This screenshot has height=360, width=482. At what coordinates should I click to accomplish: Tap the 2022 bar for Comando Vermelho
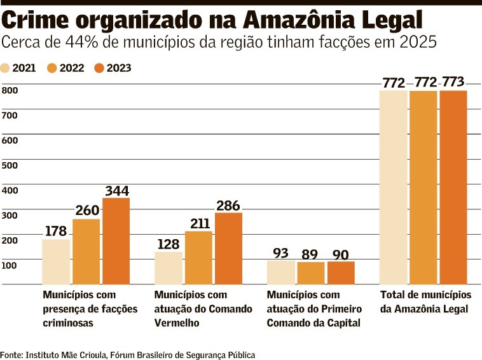[x=198, y=257]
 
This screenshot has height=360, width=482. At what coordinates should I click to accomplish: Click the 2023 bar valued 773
[x=453, y=187]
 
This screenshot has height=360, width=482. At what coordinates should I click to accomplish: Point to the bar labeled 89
[x=311, y=272]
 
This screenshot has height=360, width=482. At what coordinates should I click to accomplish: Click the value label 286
[x=228, y=205]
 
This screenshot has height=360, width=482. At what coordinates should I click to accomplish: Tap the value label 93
[x=280, y=253]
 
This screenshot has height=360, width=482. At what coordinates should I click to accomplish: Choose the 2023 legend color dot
[x=99, y=68]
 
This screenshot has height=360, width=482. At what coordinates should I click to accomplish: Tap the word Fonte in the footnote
[x=11, y=354]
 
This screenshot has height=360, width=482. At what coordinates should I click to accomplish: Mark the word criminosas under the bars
[x=68, y=323]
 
